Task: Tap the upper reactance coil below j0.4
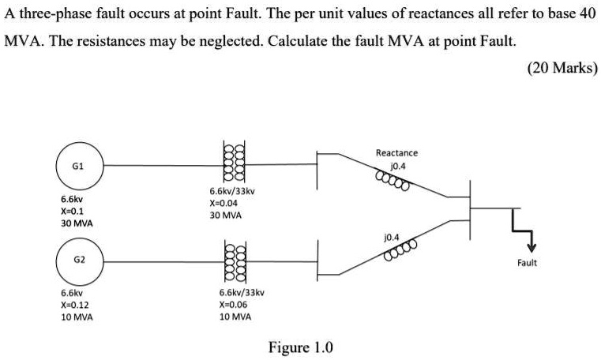coord(393,182)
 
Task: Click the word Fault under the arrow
coord(527,263)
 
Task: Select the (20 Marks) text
coord(562,68)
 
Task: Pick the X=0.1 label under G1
coord(71,212)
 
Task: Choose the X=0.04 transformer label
coord(225,203)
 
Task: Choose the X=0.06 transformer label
coord(235,304)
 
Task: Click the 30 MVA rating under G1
coord(77,224)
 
